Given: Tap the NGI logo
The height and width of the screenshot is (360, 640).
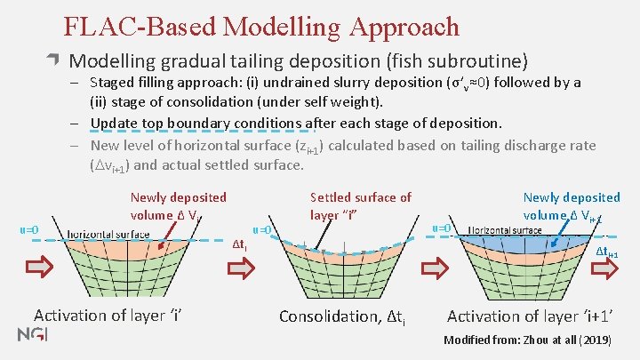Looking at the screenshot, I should tap(33, 334).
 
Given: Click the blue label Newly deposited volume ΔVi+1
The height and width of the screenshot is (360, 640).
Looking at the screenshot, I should tap(571, 206).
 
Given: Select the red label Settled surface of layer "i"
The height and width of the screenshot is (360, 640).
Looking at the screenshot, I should tap(360, 206).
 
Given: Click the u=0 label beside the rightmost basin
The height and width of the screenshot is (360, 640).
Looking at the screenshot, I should tap(442, 228).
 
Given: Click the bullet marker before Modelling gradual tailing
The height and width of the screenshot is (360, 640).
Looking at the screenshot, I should tap(54, 61).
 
